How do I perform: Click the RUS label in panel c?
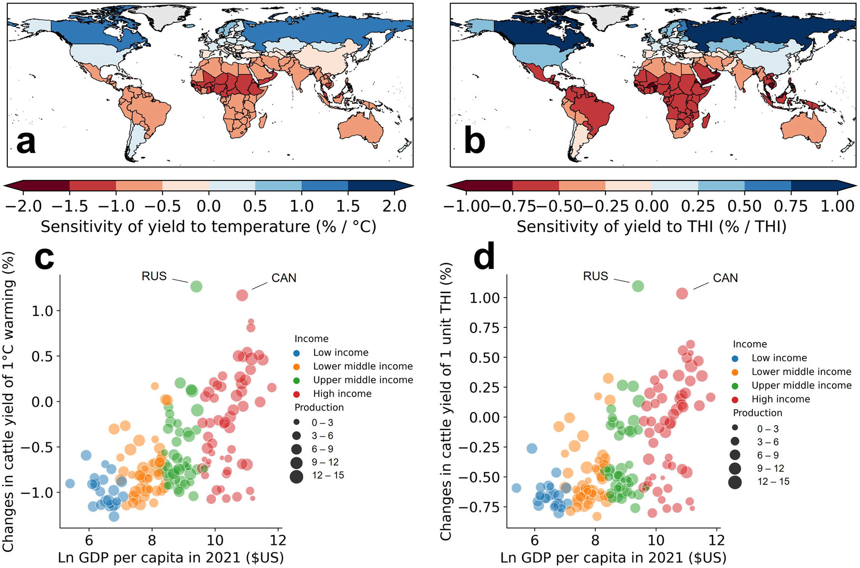point(154,276)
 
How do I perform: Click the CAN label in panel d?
point(725,278)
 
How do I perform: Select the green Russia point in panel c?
point(196,286)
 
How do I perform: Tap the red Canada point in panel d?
point(682,294)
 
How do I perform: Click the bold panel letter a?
point(26,142)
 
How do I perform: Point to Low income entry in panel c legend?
point(340,353)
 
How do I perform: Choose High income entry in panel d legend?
point(780,399)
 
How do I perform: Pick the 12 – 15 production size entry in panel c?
point(327,476)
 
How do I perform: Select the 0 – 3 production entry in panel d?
point(768,429)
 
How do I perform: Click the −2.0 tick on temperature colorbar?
point(24,206)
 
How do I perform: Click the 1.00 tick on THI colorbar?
point(837,206)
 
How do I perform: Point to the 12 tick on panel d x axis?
point(717,540)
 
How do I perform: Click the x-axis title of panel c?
point(171,558)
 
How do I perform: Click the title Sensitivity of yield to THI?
point(651,227)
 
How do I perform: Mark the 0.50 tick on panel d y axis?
point(484,358)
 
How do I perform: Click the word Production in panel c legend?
point(319,408)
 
